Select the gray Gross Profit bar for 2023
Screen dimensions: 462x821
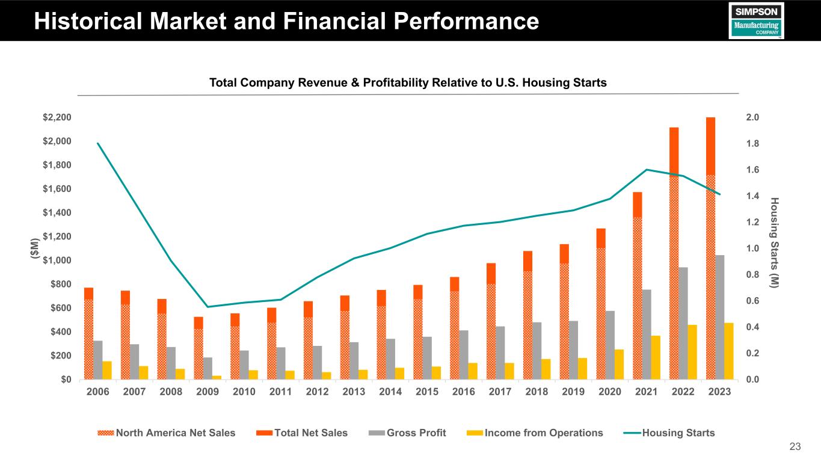pos(719,317)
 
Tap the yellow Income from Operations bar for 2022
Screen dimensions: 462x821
pos(692,352)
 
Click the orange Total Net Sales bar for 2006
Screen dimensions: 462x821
pos(88,293)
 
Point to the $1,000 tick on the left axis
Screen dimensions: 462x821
pos(56,260)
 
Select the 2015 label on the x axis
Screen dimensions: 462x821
pos(426,392)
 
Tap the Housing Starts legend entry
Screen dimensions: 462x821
pos(670,433)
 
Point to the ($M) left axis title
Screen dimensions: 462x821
pos(34,248)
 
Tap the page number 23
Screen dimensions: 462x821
pos(795,446)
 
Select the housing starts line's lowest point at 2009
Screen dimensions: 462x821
pos(208,307)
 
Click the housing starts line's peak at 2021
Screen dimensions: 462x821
pos(647,170)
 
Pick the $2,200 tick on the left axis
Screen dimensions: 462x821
pos(56,117)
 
